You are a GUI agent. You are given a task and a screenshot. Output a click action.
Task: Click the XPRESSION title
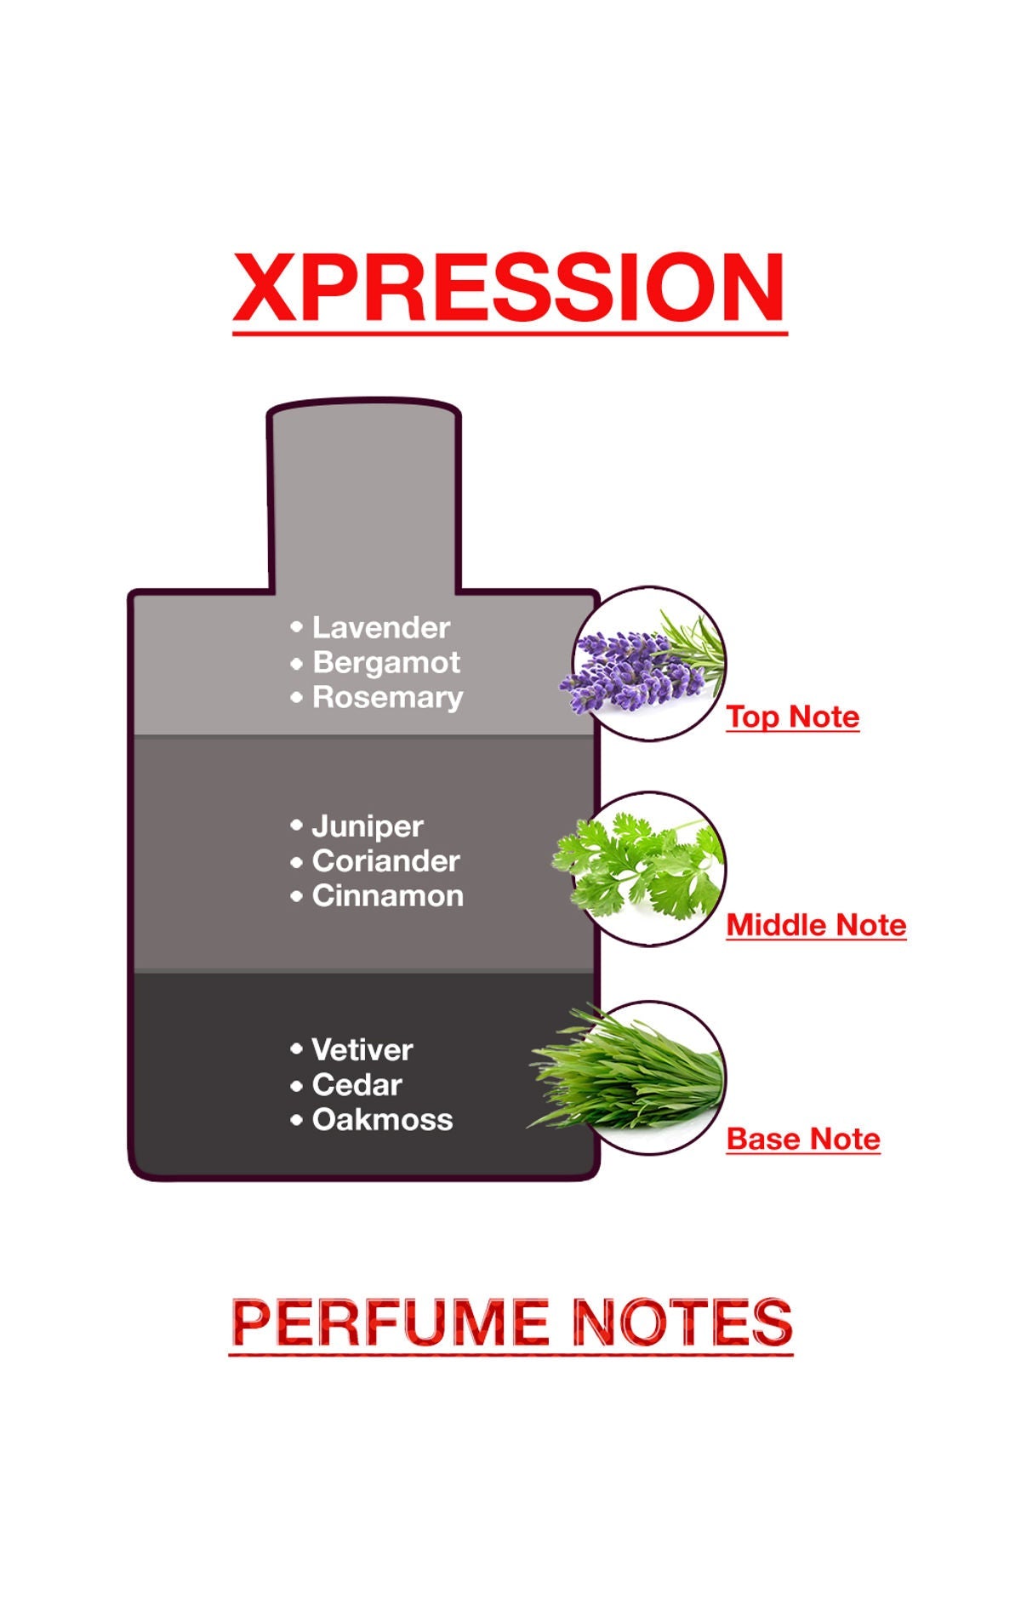(x=509, y=287)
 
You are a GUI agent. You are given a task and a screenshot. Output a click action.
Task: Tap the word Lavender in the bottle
(x=380, y=628)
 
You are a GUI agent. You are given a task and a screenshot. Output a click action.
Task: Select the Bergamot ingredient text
(x=386, y=663)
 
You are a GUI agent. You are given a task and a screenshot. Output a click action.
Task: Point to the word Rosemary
(x=388, y=698)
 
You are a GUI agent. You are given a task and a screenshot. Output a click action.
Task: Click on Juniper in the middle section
(x=368, y=826)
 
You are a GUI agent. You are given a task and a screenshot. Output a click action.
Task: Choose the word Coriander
(x=386, y=861)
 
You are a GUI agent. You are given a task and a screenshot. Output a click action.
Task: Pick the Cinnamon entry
(x=388, y=896)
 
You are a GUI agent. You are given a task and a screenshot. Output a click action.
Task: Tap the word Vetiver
(x=362, y=1050)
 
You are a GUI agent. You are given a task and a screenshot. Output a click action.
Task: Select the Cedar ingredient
(x=357, y=1085)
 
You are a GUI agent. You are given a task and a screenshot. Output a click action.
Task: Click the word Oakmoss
(x=383, y=1120)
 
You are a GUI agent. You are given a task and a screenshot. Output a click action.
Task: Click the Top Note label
(x=792, y=717)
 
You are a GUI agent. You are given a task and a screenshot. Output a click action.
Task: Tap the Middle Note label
(x=816, y=925)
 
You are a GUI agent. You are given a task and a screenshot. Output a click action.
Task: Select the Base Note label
(x=803, y=1139)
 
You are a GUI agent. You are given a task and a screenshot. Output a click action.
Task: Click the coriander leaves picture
(x=642, y=868)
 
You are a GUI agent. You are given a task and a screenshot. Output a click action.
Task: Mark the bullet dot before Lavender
(x=296, y=627)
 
